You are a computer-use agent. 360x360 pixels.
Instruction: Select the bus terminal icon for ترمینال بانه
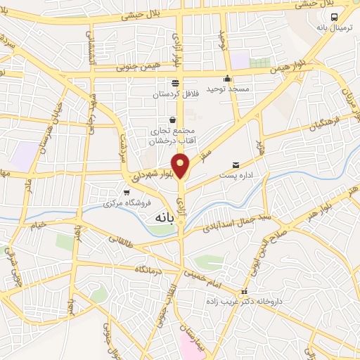coord(335,17)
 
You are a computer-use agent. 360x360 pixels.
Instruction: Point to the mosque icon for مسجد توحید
coord(227,79)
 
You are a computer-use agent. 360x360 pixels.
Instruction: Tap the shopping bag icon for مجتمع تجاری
coord(173,119)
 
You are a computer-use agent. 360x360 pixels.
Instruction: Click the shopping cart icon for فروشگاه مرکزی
coord(127,192)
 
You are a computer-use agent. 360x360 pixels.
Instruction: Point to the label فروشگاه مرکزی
coord(118,203)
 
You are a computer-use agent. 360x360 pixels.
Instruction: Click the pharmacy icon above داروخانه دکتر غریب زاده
coord(244,291)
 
